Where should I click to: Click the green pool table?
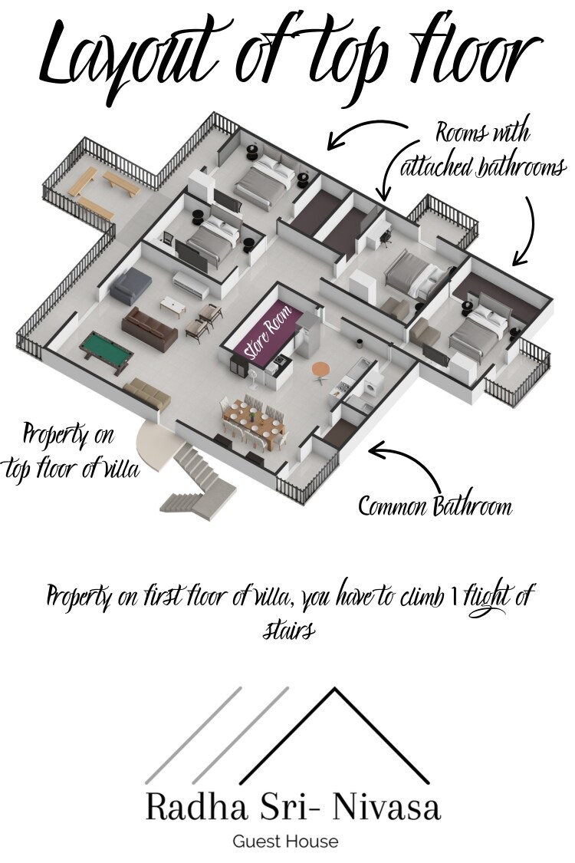coord(107,351)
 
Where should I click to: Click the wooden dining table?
coord(255,423)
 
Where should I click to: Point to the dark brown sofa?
coord(149,329)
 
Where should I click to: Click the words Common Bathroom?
coord(435,506)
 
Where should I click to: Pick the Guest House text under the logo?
coord(285,841)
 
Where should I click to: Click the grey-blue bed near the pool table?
coord(130,286)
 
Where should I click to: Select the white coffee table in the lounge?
coord(172,307)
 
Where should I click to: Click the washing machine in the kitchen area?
coord(373,383)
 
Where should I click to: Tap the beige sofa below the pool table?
coord(146,393)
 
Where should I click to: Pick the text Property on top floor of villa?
coord(70,453)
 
